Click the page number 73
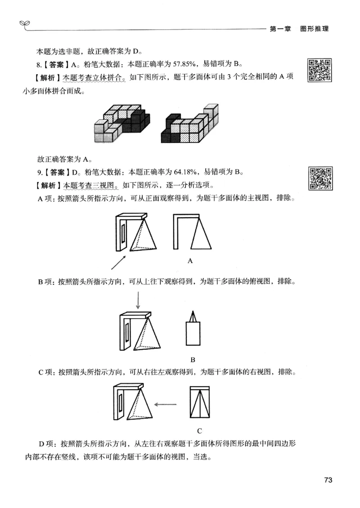(328, 480)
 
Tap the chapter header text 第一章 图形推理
(299, 29)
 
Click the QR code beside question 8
(320, 70)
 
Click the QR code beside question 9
(320, 178)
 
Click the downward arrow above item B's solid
(139, 299)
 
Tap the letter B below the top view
(193, 359)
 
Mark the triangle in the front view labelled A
(200, 234)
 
